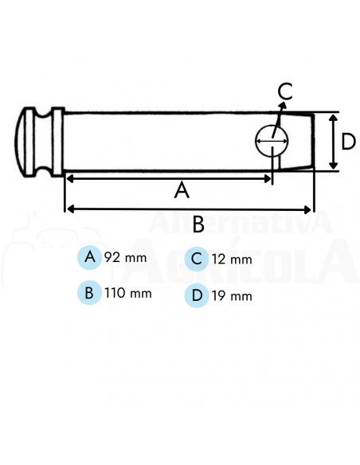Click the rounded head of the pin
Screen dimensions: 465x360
coord(26,141)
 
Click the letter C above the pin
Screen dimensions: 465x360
coord(285,91)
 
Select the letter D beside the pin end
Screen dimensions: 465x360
coord(348,142)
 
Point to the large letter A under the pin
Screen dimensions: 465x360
coord(182,191)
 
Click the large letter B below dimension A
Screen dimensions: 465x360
coord(198,225)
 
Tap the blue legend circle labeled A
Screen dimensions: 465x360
coord(90,257)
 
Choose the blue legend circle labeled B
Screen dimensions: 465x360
coord(90,292)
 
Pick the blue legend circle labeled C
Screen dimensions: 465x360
coord(196,260)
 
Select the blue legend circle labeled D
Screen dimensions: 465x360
coord(196,296)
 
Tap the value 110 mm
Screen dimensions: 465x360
coord(127,293)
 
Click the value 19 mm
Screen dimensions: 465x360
coord(232,297)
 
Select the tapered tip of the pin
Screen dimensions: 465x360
coord(307,141)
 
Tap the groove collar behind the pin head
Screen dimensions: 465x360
coord(53,141)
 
